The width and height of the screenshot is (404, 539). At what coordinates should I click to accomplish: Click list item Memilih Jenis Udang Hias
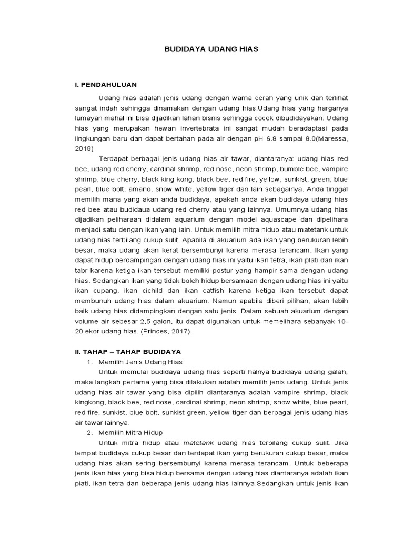pyautogui.click(x=140, y=362)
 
